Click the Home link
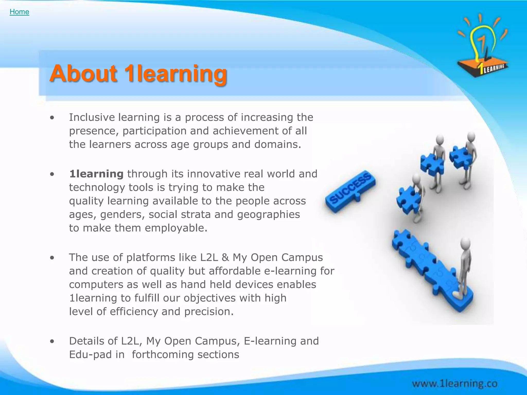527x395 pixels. (19, 12)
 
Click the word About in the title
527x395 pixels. (83, 74)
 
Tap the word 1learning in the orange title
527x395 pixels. (175, 74)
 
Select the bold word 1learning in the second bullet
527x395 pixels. (96, 174)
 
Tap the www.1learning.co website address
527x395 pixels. (454, 384)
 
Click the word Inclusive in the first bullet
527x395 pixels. (92, 117)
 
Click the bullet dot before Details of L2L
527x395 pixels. (52, 342)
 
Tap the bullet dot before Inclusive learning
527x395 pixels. (52, 118)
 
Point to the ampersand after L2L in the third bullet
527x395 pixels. (225, 257)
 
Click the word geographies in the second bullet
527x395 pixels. (268, 214)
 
